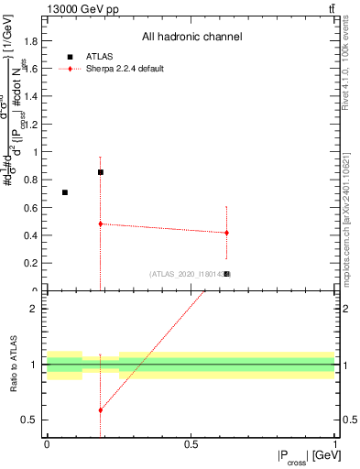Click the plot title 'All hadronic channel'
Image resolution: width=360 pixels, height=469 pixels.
tap(191, 38)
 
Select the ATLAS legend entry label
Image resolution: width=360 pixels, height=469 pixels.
tap(100, 56)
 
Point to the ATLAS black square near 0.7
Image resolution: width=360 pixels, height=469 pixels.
tap(64, 192)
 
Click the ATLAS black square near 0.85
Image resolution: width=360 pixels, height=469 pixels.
tap(101, 172)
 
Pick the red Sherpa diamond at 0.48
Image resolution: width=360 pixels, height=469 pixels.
tap(101, 224)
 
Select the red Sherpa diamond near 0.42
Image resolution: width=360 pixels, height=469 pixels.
tap(226, 233)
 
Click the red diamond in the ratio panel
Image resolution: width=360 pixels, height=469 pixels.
tap(101, 409)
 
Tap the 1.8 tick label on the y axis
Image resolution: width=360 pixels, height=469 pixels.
tap(31, 41)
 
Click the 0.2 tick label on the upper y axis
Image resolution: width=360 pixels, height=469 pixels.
tap(31, 263)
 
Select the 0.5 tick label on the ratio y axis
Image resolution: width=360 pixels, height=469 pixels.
tap(31, 420)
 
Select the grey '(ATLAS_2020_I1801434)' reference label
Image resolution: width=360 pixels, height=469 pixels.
tap(187, 274)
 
